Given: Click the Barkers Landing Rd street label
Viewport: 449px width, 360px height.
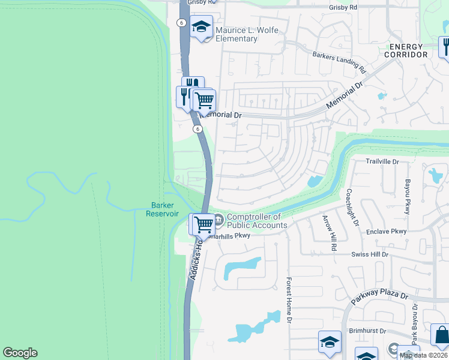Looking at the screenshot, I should tap(339, 59).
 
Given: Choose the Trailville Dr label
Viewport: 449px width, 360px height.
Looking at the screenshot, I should tap(382, 162).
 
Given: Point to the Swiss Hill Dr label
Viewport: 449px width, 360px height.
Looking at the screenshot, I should tap(370, 255).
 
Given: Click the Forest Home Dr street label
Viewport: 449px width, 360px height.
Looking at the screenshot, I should tap(289, 301).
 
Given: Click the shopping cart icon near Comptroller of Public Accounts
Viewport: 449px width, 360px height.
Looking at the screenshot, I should tap(204, 224).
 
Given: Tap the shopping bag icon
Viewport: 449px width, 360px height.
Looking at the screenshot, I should tap(441, 335).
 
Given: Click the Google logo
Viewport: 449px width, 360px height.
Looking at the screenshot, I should tap(20, 353).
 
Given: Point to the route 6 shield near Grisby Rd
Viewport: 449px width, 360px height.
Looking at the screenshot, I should tap(181, 22).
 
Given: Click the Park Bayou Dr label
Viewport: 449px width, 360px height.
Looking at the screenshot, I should tap(414, 323).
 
